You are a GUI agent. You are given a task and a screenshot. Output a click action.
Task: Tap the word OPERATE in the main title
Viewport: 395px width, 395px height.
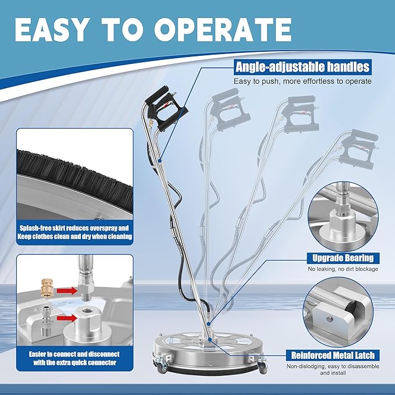223,30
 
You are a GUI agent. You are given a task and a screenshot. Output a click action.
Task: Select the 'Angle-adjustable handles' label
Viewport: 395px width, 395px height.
303,67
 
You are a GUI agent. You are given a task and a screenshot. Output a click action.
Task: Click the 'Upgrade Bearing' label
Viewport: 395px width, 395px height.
343,258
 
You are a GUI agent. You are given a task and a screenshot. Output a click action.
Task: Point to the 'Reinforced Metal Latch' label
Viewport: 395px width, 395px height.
333,355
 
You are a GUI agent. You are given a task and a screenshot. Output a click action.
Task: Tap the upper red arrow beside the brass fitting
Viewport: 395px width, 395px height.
66,290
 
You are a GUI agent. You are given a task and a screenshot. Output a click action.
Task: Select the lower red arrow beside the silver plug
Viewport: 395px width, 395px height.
66,318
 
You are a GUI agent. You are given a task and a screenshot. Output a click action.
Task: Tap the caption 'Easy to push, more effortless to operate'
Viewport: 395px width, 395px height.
303,81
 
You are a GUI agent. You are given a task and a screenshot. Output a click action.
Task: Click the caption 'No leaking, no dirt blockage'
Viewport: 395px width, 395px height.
343,269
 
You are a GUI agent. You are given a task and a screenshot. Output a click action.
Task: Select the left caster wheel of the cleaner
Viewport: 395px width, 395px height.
161,367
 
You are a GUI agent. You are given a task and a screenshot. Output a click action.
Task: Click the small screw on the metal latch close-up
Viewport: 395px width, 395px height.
329,319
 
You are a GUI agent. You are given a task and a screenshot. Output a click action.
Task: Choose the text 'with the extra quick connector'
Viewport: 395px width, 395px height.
75,362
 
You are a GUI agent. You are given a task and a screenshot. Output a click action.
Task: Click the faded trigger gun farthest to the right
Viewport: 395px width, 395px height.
358,149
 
